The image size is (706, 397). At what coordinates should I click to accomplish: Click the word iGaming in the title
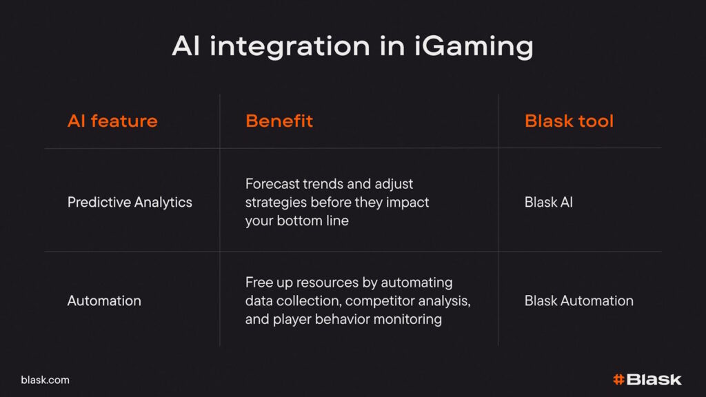coord(474,47)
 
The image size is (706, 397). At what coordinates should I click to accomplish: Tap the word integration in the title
coord(290,47)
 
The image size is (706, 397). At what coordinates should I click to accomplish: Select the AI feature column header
coord(112,121)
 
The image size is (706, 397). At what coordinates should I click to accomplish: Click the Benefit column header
coord(279,121)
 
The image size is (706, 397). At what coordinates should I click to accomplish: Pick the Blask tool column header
coord(569,121)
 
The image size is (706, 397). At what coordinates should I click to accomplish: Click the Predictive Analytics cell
coord(130,203)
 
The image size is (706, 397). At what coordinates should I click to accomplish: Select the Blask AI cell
coord(548,202)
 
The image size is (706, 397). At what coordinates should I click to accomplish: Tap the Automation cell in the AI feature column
coord(104,301)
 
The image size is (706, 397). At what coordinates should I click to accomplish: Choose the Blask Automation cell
coord(578,301)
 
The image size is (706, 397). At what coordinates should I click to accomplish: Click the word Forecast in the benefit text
coord(272,183)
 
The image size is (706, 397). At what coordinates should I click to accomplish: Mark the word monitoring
coord(407,319)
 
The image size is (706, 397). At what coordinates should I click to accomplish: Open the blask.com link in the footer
coord(45,380)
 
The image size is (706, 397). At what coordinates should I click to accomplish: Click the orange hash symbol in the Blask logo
coord(618,380)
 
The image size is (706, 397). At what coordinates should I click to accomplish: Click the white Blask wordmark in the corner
coord(654,380)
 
